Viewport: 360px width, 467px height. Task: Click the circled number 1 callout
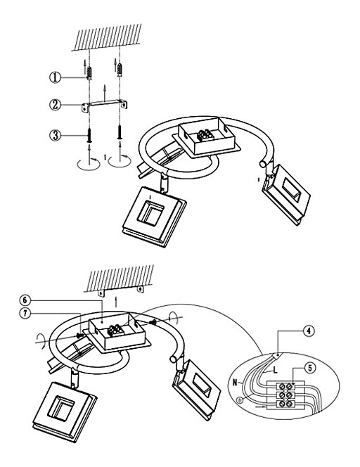55,77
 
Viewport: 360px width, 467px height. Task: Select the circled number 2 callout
55,105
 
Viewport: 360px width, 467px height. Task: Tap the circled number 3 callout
55,135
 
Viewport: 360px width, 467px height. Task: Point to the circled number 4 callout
309,331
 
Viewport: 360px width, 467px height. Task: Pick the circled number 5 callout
310,368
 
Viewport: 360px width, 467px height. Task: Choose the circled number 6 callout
25,300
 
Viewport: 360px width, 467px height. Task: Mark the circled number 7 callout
25,313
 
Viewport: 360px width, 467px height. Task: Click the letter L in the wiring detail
275,371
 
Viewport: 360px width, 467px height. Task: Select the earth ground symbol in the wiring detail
240,401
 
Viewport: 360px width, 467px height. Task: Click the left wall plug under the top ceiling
89,72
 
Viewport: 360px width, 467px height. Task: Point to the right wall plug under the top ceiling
120,70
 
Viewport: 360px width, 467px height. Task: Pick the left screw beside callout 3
89,135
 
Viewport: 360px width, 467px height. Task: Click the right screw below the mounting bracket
120,132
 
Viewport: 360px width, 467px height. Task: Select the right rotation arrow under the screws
120,161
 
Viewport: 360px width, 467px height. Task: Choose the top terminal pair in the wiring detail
285,386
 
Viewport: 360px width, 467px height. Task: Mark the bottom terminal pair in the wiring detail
285,404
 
